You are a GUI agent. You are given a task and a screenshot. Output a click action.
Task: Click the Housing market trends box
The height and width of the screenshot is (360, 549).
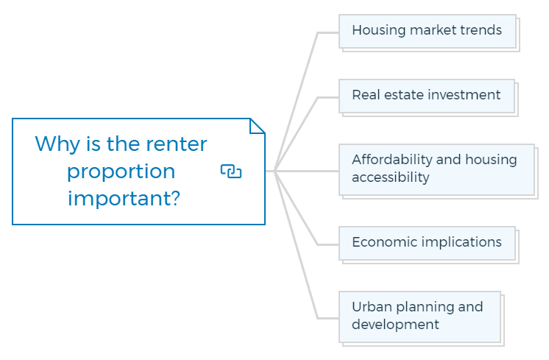[x=428, y=32]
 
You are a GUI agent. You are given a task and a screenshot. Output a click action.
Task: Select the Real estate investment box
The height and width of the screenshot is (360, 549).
[x=427, y=96]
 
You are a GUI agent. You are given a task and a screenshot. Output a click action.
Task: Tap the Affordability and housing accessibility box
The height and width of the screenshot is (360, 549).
[x=436, y=169]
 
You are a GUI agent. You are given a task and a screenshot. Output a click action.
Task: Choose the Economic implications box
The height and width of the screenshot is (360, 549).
[x=427, y=244]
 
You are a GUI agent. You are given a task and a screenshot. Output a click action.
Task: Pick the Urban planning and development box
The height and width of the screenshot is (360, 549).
[x=419, y=317]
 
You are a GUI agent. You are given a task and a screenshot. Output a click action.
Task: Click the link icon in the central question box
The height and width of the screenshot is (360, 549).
[x=231, y=172]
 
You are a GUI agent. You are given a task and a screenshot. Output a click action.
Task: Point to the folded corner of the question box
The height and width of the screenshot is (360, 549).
[x=258, y=126]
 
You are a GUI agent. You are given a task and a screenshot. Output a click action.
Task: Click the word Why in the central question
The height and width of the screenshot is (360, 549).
[x=57, y=144]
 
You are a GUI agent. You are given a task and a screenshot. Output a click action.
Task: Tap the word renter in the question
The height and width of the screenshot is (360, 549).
[x=177, y=144]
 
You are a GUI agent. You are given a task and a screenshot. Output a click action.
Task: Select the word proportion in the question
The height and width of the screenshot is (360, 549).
[x=121, y=172]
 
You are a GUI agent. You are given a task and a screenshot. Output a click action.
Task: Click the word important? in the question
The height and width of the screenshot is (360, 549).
[x=124, y=198]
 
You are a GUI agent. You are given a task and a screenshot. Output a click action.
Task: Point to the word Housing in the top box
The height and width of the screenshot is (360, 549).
[x=378, y=31]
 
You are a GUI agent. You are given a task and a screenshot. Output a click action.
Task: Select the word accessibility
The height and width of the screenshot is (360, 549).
[x=390, y=177]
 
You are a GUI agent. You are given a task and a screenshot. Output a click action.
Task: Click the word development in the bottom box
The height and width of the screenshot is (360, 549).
[x=395, y=325]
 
